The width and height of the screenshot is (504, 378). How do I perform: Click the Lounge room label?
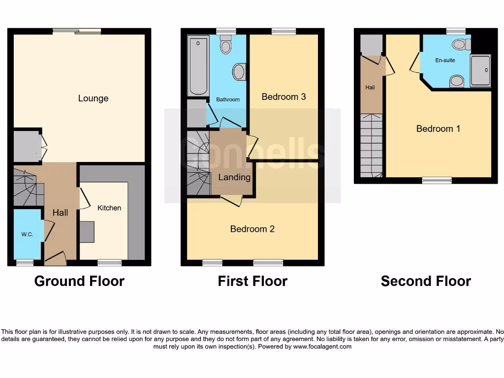pyautogui.click(x=93, y=98)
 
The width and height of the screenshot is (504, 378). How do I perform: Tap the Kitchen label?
pyautogui.click(x=109, y=208)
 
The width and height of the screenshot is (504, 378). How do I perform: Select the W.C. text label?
pyautogui.click(x=27, y=234)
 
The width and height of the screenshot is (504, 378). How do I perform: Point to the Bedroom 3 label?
pyautogui.click(x=283, y=96)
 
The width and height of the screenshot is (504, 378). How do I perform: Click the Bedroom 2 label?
pyautogui.click(x=252, y=229)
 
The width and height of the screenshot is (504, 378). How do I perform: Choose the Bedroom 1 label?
pyautogui.click(x=438, y=128)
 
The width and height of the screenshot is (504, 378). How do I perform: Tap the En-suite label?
pyautogui.click(x=445, y=61)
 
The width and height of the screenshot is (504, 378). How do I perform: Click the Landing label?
pyautogui.click(x=234, y=177)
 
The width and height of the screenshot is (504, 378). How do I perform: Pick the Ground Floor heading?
pyautogui.click(x=79, y=281)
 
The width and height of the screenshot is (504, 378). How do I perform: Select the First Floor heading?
pyautogui.click(x=252, y=281)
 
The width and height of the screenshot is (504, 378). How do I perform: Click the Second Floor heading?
pyautogui.click(x=426, y=281)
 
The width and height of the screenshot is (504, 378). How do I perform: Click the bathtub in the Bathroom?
pyautogui.click(x=198, y=65)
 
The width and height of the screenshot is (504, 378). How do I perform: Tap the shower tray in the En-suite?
pyautogui.click(x=480, y=71)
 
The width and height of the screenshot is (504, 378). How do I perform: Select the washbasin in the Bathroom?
pyautogui.click(x=239, y=72)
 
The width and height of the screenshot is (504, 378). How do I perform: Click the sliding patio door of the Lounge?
pyautogui.click(x=77, y=31)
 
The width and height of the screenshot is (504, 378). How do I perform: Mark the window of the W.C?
pyautogui.click(x=22, y=263)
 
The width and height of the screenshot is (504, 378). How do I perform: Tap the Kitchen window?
pyautogui.click(x=109, y=263)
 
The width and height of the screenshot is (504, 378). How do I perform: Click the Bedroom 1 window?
pyautogui.click(x=437, y=181)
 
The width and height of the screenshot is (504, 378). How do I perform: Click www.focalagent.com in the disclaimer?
pyautogui.click(x=322, y=346)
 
